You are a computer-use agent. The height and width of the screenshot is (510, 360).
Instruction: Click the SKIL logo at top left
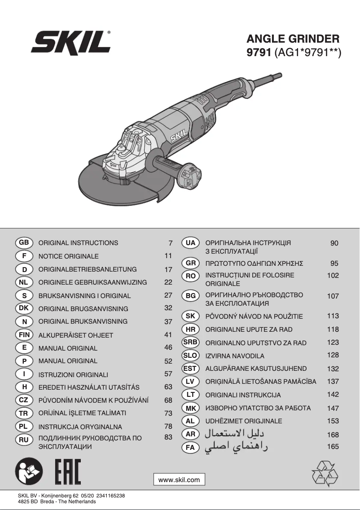[x=71, y=44]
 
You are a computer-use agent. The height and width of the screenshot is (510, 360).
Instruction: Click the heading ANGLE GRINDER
[x=293, y=39]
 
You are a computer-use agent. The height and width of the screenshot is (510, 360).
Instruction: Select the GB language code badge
[x=24, y=242]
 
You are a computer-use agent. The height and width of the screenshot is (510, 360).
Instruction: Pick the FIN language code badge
[x=24, y=335]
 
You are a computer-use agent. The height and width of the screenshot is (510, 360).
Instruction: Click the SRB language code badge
[x=190, y=342]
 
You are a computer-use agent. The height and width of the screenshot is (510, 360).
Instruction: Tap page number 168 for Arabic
[x=333, y=435]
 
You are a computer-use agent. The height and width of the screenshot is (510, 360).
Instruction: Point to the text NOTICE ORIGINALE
[x=68, y=256]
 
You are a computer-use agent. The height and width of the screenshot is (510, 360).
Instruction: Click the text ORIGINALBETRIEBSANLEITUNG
[x=88, y=269]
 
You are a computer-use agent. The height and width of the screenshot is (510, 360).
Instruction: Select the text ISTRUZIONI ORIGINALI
[x=73, y=374]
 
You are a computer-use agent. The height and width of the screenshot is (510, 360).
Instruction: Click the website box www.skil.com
[x=179, y=479]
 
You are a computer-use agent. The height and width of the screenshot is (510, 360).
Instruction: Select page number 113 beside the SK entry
[x=333, y=316]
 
